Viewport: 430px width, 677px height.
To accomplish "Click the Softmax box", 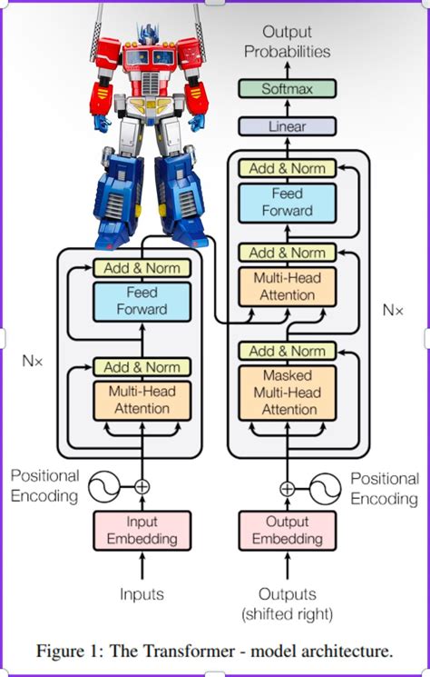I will click(x=287, y=89).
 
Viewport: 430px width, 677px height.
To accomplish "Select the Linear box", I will click(x=287, y=127).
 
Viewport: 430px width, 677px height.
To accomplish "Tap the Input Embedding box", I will click(x=142, y=532).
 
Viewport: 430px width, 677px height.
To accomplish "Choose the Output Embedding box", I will click(x=287, y=532).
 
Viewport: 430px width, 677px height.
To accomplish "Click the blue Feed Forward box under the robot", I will click(x=142, y=302).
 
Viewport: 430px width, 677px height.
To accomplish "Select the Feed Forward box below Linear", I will click(x=287, y=203).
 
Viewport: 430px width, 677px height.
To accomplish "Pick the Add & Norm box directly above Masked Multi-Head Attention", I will click(x=287, y=351).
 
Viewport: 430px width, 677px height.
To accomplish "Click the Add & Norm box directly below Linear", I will click(x=287, y=168).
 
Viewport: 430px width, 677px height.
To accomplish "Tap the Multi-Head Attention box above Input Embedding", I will click(x=142, y=400).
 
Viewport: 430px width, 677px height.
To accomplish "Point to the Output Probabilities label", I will click(x=287, y=43).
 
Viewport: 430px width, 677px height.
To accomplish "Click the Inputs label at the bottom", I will click(x=142, y=594).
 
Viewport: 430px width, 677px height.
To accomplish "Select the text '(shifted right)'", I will click(x=287, y=614).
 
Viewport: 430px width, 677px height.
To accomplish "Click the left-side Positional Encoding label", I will click(x=44, y=485).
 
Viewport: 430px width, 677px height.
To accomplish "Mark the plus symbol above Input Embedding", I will click(x=142, y=487).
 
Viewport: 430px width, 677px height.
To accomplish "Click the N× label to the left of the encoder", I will click(x=34, y=360).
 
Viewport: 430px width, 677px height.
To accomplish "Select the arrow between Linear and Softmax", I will click(x=287, y=108).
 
